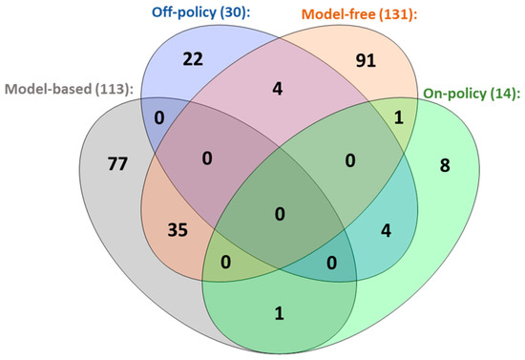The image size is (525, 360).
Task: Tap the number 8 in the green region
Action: pos(446,166)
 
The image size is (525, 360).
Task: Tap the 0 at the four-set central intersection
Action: pos(278,216)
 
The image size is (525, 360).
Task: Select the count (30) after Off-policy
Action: pos(209,13)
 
